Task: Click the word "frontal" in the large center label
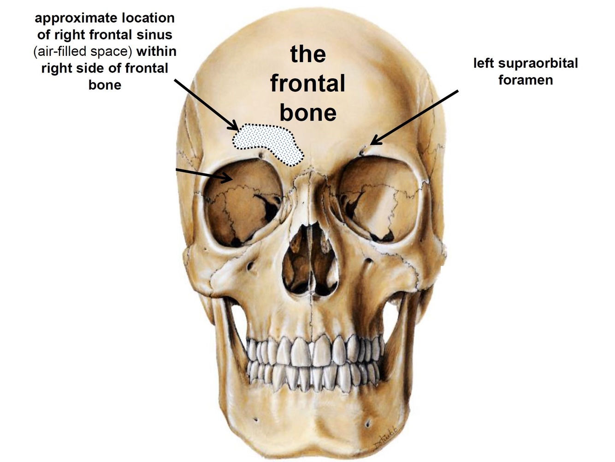[307, 84]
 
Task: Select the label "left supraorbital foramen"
[526, 72]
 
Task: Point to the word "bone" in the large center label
[307, 113]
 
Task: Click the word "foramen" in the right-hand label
[526, 80]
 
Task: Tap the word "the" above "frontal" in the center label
[307, 54]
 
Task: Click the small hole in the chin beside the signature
[368, 423]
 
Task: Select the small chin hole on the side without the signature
[255, 420]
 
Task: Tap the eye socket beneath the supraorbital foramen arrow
[378, 198]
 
